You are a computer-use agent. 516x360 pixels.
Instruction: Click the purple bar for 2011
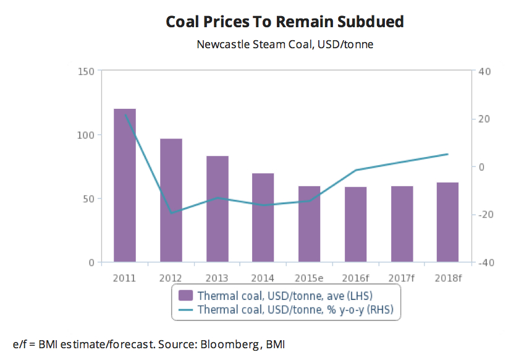(x=125, y=186)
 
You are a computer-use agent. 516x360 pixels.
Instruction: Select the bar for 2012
(x=171, y=200)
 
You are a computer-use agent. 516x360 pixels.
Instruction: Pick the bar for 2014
(x=263, y=218)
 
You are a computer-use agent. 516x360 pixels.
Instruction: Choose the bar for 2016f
(x=355, y=224)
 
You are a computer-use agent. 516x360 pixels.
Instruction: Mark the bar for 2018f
(x=447, y=222)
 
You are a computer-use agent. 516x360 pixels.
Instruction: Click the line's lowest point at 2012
(x=171, y=213)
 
